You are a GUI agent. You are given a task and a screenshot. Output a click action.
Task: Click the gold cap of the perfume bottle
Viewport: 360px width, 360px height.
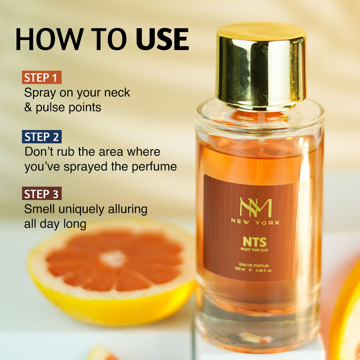click(261, 65)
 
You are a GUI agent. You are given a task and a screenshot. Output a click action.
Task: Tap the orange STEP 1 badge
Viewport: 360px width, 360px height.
click(42, 77)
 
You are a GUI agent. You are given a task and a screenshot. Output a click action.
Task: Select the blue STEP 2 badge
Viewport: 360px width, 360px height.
click(42, 137)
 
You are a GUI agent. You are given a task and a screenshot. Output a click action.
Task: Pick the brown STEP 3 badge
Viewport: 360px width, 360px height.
click(42, 194)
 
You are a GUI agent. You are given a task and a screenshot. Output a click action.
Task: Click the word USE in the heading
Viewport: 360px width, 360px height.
click(163, 39)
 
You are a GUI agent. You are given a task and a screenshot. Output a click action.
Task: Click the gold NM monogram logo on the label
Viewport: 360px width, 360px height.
click(256, 207)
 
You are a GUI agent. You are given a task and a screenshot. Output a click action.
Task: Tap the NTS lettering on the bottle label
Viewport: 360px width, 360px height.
click(255, 242)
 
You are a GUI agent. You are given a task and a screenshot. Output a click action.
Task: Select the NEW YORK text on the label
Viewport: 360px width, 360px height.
click(255, 222)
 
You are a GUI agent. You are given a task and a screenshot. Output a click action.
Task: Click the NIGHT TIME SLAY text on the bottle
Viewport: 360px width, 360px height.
click(254, 250)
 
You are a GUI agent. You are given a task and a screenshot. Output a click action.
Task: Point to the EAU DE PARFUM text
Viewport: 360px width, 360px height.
click(254, 265)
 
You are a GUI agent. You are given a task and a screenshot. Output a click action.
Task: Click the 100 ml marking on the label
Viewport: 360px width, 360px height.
click(240, 269)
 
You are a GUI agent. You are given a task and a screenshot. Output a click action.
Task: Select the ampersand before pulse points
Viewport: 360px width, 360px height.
click(28, 107)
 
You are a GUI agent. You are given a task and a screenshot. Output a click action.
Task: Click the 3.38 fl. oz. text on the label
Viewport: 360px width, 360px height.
click(264, 270)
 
